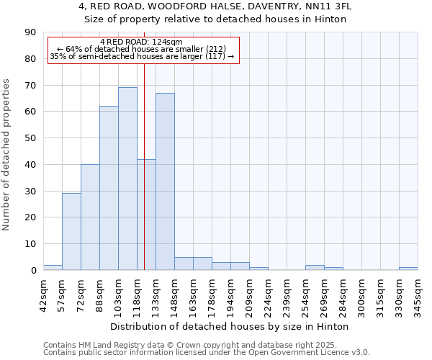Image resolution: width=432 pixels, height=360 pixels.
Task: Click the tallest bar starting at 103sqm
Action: (127, 179)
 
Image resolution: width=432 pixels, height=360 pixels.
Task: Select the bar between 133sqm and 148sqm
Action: (165, 181)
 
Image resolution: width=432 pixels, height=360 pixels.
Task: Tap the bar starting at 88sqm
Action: (109, 188)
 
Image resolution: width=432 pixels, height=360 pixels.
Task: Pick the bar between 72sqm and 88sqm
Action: (90, 217)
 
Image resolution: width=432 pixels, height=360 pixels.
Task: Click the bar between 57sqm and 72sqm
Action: (71, 232)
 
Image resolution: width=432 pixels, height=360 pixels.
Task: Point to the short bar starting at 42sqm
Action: (53, 267)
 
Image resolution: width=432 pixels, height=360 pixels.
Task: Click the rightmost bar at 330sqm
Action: (408, 269)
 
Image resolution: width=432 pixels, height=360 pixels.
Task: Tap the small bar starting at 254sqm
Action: (315, 267)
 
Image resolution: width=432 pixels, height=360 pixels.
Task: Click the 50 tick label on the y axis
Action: (30, 138)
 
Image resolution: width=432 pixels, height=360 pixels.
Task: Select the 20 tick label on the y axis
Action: (30, 217)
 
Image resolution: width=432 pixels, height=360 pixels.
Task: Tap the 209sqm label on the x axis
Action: (250, 294)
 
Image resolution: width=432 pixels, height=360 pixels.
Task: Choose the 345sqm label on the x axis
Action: (418, 294)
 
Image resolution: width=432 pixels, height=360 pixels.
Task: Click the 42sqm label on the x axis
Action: (44, 294)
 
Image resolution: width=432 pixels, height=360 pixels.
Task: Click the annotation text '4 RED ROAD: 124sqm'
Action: (142, 42)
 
